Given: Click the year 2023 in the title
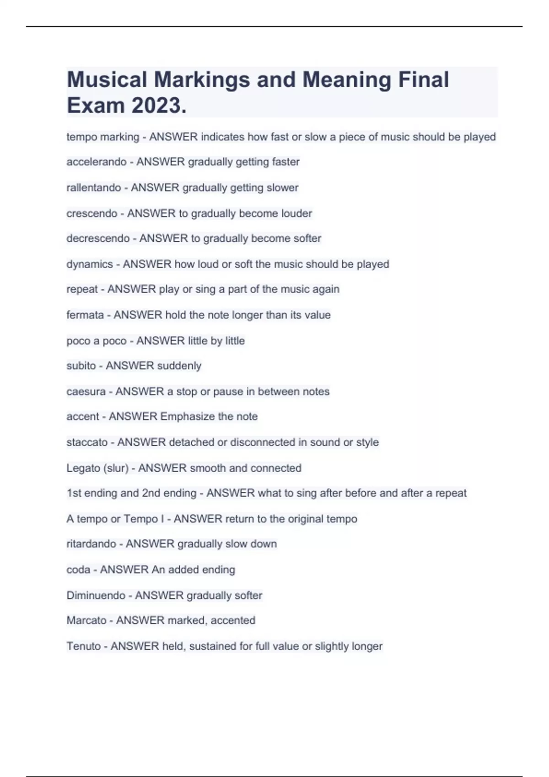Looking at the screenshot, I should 158,106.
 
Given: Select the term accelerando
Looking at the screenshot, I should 97,162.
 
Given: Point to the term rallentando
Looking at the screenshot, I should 94,187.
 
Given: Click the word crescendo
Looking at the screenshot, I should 92,213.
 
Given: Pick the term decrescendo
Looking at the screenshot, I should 98,239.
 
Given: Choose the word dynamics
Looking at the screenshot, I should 90,264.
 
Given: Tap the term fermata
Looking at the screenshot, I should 85,315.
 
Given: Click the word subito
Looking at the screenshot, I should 81,366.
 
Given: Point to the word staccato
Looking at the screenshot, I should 87,442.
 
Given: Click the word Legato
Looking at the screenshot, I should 83,468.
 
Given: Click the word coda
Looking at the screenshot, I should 78,569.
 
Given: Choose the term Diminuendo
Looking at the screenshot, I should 96,596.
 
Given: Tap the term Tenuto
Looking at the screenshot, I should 84,646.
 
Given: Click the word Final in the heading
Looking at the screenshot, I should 424,80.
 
